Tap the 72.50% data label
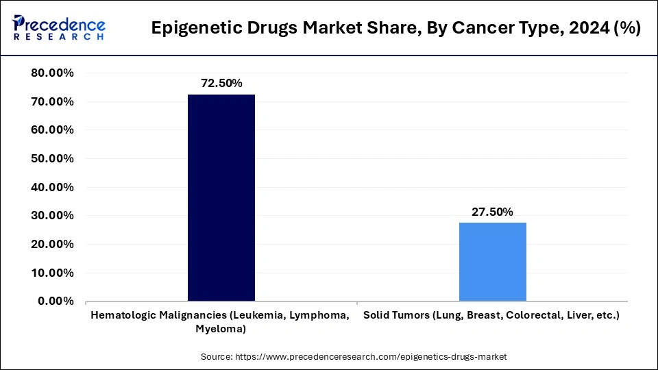[221, 83]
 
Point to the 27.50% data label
[492, 212]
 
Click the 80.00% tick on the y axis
[53, 73]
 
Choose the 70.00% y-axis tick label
[53, 102]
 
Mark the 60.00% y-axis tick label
[53, 130]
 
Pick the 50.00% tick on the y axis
[53, 159]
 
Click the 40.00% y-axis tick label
[53, 187]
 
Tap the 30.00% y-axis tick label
[53, 216]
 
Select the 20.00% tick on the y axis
[53, 245]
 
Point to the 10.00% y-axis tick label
[53, 273]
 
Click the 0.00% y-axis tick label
[56, 301]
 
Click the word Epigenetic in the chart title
[190, 29]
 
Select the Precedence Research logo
[59, 28]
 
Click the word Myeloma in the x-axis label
[221, 329]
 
